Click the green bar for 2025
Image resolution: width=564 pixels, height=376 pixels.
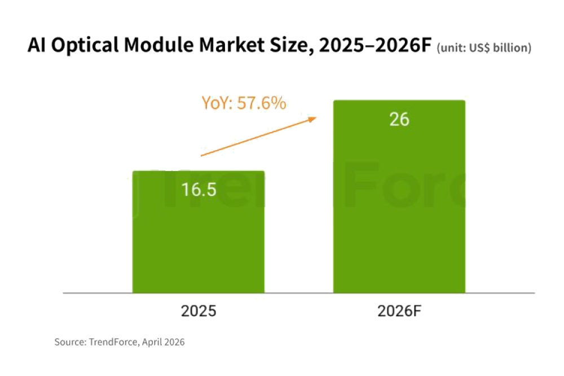pyautogui.click(x=199, y=243)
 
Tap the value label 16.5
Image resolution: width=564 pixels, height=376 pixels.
pyautogui.click(x=199, y=190)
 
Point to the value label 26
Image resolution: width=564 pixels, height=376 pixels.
pyautogui.click(x=399, y=120)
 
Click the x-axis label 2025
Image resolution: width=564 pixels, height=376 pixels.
pyautogui.click(x=199, y=311)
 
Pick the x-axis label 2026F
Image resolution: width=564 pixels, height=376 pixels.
pyautogui.click(x=399, y=311)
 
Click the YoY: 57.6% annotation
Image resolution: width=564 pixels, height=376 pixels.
pyautogui.click(x=244, y=103)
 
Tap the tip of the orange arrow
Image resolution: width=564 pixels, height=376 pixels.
pyautogui.click(x=316, y=117)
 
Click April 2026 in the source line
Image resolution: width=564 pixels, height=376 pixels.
pyautogui.click(x=164, y=342)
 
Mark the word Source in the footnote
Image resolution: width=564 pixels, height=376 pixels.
pyautogui.click(x=68, y=342)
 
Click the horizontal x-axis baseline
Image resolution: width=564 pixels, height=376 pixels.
pyautogui.click(x=299, y=293)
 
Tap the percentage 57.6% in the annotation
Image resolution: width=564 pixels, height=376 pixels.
pyautogui.click(x=262, y=103)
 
